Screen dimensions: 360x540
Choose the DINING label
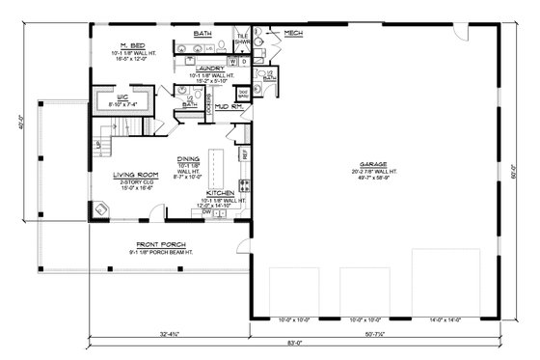point(188,159)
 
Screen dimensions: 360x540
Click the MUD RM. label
point(228,107)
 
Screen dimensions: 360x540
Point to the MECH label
point(293,33)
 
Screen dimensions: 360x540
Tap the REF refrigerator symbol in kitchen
point(245,154)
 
